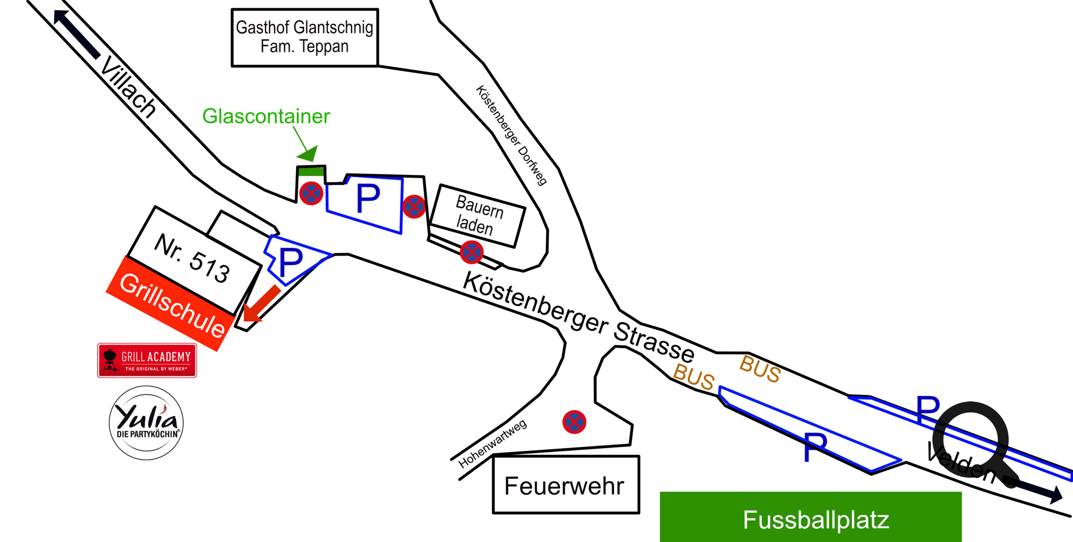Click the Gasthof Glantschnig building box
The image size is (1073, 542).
(x=304, y=37)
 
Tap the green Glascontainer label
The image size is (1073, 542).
(x=266, y=117)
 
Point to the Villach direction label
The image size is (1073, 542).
(x=128, y=87)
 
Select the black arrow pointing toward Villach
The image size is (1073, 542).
(x=77, y=33)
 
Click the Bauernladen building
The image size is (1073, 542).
(x=477, y=216)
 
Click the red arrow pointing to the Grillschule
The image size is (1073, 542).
(x=260, y=305)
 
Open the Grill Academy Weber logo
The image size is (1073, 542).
(x=147, y=360)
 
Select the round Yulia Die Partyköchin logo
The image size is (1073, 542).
(x=146, y=423)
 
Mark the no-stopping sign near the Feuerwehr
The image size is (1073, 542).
(x=574, y=422)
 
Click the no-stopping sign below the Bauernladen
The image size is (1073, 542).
(x=471, y=252)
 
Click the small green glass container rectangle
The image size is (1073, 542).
(x=311, y=171)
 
